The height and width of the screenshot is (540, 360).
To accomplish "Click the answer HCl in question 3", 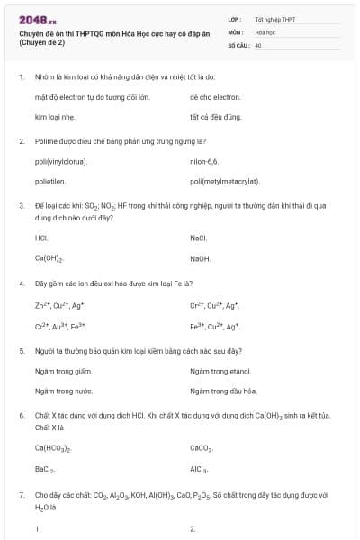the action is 40,238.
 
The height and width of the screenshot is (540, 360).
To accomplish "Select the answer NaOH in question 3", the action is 200,258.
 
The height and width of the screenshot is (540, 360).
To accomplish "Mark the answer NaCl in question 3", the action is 199,238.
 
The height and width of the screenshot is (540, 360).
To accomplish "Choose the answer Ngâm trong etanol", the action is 220,370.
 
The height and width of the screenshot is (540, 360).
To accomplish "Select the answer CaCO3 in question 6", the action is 201,447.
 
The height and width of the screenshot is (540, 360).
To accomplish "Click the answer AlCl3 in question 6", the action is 199,469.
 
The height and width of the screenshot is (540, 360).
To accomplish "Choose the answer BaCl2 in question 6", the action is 45,469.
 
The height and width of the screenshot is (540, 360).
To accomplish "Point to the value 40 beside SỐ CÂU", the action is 258,43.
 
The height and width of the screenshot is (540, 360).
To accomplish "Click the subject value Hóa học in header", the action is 265,31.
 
